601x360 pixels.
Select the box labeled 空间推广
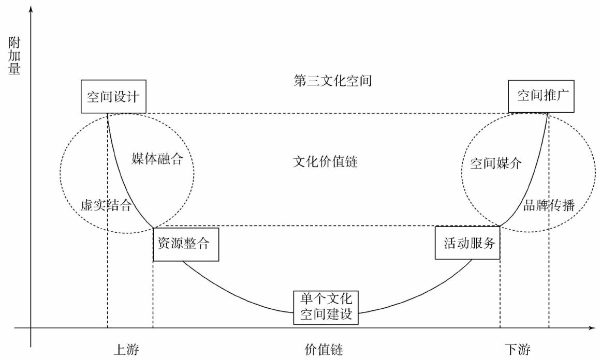pyautogui.click(x=541, y=96)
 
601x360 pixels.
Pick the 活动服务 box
pyautogui.click(x=468, y=244)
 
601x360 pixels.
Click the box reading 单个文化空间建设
pyautogui.click(x=326, y=307)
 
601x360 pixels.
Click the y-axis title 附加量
pyautogui.click(x=15, y=56)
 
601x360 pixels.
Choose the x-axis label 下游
pyautogui.click(x=518, y=348)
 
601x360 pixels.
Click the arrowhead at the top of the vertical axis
pyautogui.click(x=32, y=7)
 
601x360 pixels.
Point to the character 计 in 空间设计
pyautogui.click(x=133, y=96)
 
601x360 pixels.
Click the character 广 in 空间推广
pyautogui.click(x=560, y=96)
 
